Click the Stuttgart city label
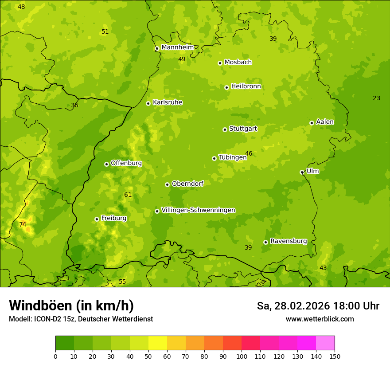click(243, 129)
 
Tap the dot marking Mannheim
click(157, 49)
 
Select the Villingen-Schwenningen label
click(198, 210)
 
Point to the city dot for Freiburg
click(97, 219)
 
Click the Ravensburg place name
click(288, 241)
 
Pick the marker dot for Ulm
click(302, 172)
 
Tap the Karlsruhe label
click(167, 102)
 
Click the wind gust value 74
click(23, 225)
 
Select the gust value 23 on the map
click(376, 98)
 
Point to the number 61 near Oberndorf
click(128, 195)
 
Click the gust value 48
click(21, 7)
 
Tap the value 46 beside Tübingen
click(249, 154)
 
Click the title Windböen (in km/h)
click(71, 305)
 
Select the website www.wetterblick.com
click(320, 319)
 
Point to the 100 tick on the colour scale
click(242, 356)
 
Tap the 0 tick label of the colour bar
click(55, 356)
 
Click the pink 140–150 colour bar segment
click(325, 343)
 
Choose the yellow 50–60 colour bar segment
click(158, 343)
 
